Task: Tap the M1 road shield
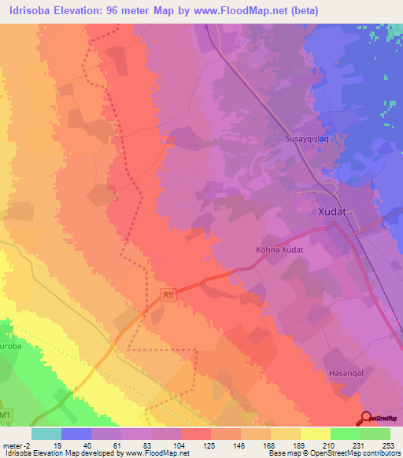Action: pyautogui.click(x=6, y=415)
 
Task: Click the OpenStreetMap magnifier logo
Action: pyautogui.click(x=367, y=419)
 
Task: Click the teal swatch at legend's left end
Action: pyautogui.click(x=46, y=434)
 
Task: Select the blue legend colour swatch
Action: pyautogui.click(x=76, y=434)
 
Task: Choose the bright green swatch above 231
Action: pyautogui.click(x=345, y=434)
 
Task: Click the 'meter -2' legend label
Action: pyautogui.click(x=16, y=445)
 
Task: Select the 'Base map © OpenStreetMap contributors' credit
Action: pyautogui.click(x=334, y=453)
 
